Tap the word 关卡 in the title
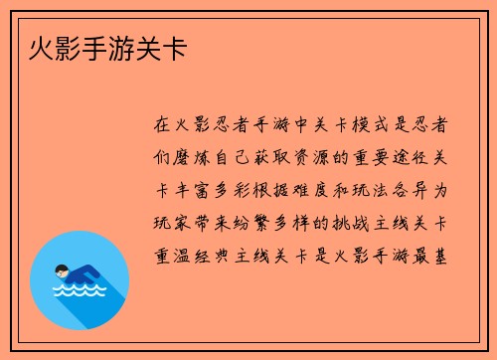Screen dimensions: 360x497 tap(159, 47)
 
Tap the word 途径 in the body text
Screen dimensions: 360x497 tap(412, 158)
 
